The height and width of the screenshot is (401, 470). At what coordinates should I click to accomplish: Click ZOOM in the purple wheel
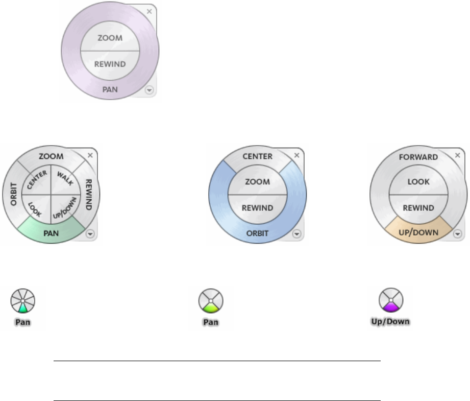(x=110, y=38)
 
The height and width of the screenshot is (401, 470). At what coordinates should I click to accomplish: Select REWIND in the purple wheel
(x=110, y=64)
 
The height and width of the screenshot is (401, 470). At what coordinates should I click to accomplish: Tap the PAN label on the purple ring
(x=110, y=89)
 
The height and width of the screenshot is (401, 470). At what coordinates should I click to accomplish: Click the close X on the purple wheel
(x=150, y=11)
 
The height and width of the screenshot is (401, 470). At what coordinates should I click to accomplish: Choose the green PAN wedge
(x=50, y=233)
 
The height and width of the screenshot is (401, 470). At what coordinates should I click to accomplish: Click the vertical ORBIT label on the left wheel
(x=14, y=195)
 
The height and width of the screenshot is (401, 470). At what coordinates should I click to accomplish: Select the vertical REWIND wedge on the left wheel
(x=87, y=195)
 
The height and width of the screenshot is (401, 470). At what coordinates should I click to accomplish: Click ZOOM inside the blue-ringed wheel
(x=257, y=181)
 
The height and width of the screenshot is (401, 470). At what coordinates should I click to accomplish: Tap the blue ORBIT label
(x=257, y=233)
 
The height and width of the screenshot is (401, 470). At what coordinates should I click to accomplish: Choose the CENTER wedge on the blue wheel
(x=257, y=156)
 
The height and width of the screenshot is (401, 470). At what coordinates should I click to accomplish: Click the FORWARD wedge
(x=418, y=157)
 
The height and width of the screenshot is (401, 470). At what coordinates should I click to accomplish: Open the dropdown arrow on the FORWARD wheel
(x=458, y=233)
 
